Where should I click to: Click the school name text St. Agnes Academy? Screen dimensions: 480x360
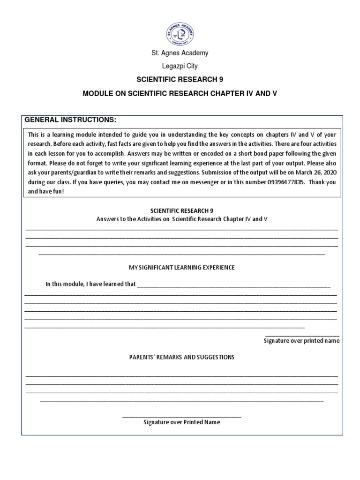[x=180, y=53]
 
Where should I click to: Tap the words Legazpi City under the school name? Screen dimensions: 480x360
[x=180, y=67]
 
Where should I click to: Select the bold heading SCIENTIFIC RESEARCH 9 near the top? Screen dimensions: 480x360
[x=180, y=80]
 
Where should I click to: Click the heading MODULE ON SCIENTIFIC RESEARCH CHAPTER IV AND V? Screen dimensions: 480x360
[x=180, y=93]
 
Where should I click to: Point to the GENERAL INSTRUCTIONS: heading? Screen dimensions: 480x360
[x=70, y=120]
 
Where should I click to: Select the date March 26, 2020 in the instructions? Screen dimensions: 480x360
[x=316, y=172]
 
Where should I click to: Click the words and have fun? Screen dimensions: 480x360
[x=43, y=192]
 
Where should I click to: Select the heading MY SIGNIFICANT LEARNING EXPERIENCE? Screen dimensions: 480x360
[x=181, y=268]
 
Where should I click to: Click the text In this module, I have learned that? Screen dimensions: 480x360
[x=90, y=284]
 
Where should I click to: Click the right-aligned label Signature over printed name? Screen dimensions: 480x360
[x=301, y=341]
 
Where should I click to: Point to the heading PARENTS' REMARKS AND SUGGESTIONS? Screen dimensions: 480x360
[x=181, y=357]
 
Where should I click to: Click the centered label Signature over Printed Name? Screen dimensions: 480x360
[x=181, y=422]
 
